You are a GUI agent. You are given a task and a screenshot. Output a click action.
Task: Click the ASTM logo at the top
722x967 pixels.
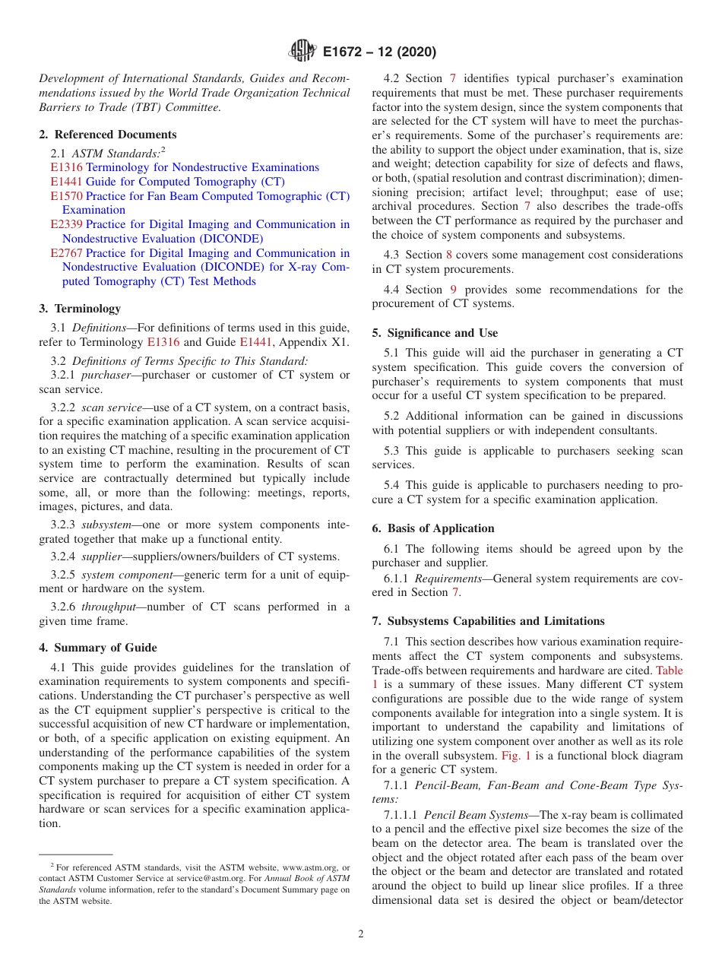303,52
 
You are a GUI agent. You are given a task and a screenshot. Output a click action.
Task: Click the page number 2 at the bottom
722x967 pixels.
361,934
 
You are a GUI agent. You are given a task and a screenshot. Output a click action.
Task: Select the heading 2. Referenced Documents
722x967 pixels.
107,134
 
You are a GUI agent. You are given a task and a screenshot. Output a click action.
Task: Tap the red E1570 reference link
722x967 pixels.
66,196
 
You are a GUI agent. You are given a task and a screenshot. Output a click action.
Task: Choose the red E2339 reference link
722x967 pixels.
66,224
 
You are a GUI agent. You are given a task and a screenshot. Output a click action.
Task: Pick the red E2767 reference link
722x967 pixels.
66,253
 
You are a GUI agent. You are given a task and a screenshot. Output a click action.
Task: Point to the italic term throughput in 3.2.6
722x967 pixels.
107,607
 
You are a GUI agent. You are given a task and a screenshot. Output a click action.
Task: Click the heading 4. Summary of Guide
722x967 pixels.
98,648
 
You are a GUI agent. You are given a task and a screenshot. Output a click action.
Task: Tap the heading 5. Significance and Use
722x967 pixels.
435,333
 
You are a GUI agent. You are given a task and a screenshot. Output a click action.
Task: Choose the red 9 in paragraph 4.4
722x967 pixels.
453,290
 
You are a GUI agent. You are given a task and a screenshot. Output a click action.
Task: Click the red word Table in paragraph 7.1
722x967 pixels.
669,671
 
